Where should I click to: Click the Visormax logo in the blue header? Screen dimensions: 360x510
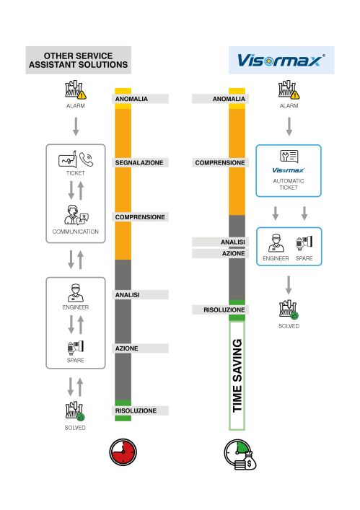tap(281, 61)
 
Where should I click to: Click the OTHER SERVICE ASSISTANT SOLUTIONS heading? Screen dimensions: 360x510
tap(79, 60)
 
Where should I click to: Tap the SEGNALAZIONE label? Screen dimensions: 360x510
tap(139, 162)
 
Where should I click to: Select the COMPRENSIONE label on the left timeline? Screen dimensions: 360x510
tap(140, 217)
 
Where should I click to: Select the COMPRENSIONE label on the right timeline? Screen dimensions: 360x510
tap(220, 162)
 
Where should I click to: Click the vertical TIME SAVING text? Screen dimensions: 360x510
tap(237, 376)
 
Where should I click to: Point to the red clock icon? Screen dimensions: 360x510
tap(123, 452)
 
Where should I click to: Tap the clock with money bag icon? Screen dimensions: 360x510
tap(240, 454)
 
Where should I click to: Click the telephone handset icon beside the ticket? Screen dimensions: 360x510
tap(86, 159)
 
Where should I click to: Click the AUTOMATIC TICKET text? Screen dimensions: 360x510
tap(289, 184)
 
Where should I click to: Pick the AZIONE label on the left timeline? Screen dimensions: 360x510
tap(126, 348)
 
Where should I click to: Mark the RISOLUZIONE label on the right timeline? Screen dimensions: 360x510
tap(224, 309)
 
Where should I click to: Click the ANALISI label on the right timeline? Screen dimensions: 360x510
tap(233, 242)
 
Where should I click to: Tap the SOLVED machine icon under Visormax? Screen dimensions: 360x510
tap(289, 310)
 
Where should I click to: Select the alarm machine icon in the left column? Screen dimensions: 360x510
tap(76, 89)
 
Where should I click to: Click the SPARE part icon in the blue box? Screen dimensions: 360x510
tap(304, 243)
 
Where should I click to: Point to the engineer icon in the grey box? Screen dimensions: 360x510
tap(76, 293)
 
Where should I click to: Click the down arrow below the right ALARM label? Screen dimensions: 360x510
tap(289, 126)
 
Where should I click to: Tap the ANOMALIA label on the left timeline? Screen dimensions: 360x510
tap(131, 99)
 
